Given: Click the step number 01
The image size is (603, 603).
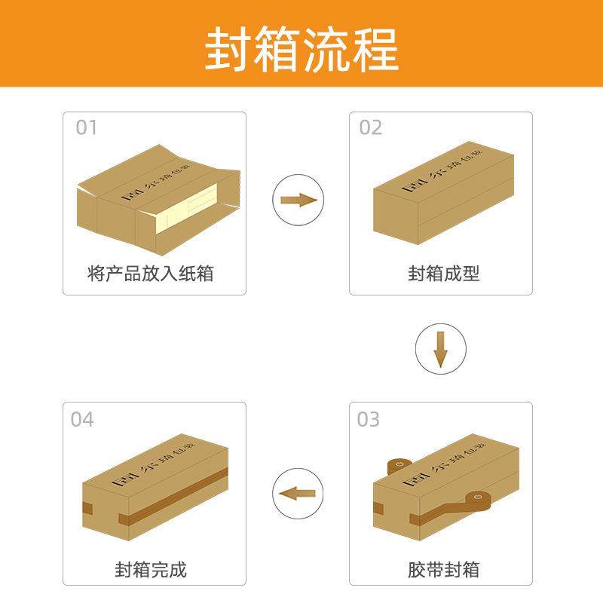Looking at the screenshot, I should pyautogui.click(x=87, y=127).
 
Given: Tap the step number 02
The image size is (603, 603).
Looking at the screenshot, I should pyautogui.click(x=370, y=127).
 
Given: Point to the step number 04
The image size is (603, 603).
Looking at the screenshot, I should pyautogui.click(x=82, y=419).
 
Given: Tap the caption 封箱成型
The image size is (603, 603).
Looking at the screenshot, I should pyautogui.click(x=444, y=273).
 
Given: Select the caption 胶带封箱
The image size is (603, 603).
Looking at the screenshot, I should pyautogui.click(x=444, y=568).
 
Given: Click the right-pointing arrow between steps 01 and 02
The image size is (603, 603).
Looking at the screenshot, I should pyautogui.click(x=296, y=200).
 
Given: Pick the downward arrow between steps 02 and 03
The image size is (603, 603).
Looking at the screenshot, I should pyautogui.click(x=441, y=349).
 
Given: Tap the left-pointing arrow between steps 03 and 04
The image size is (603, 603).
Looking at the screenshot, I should pyautogui.click(x=296, y=494).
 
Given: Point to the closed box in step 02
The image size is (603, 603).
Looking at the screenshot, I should pyautogui.click(x=443, y=197).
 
